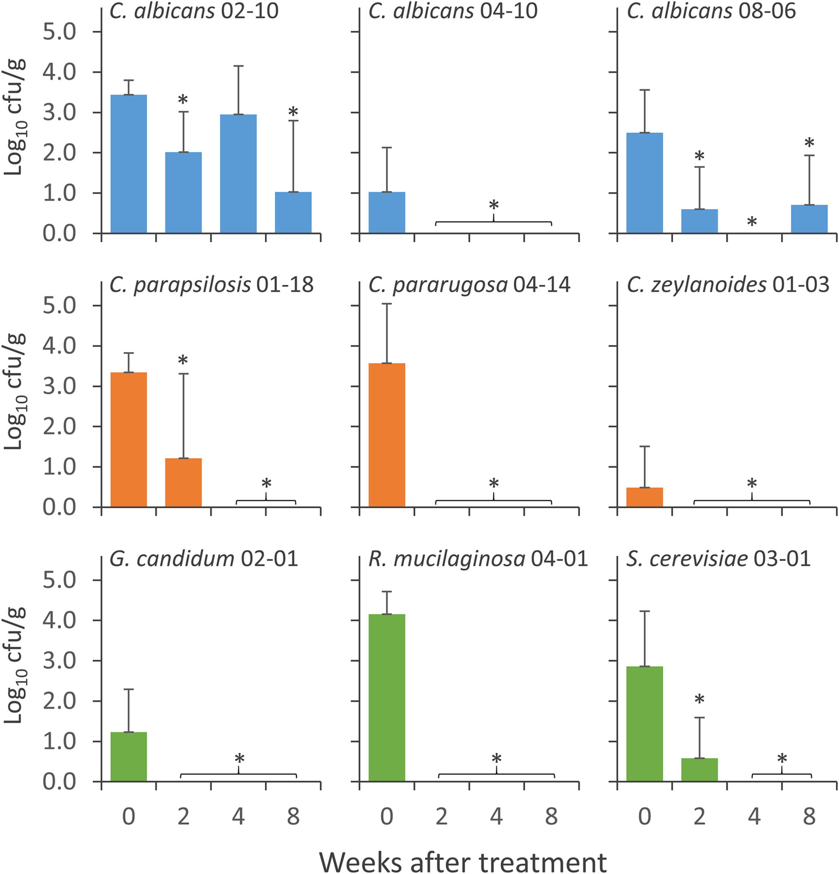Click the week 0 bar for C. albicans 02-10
(128, 164)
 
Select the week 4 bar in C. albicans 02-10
(238, 174)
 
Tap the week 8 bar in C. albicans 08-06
(809, 219)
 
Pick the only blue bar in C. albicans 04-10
(387, 213)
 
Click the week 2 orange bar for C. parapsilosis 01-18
(183, 482)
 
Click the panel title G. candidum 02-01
(204, 559)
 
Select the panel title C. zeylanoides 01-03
(728, 285)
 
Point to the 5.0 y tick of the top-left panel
(59, 32)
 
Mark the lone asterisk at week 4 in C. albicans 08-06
(752, 222)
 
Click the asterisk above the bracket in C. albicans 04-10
(494, 205)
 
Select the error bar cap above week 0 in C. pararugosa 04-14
(387, 304)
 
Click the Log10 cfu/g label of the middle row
(14, 391)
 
